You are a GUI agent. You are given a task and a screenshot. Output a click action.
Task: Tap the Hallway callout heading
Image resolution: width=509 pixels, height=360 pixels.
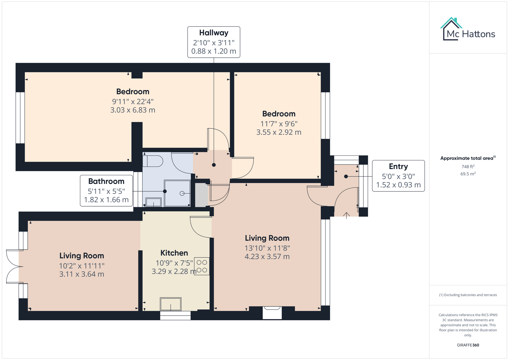214,33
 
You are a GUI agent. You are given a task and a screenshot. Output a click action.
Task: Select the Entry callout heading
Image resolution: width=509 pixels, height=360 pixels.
398,166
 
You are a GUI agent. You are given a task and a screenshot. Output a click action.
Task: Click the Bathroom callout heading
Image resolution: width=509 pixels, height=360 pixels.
106,181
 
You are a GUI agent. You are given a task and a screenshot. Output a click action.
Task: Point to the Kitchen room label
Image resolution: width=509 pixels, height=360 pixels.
174,253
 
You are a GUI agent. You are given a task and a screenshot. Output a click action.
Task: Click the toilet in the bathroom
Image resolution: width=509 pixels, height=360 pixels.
153,161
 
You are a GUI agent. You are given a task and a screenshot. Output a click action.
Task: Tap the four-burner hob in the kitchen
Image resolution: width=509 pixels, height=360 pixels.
202,266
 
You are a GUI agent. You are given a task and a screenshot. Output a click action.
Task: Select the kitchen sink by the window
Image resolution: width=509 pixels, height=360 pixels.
171,304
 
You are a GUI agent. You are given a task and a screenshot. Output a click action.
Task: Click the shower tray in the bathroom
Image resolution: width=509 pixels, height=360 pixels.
177,193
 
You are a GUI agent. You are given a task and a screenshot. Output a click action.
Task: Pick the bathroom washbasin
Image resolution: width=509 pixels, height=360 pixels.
153,202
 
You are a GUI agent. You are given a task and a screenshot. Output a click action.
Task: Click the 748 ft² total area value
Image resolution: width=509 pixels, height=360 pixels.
468,167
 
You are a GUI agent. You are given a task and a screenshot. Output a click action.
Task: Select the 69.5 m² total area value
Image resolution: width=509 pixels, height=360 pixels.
468,174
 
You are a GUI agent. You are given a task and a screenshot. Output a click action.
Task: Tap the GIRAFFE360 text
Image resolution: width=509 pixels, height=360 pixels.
468,345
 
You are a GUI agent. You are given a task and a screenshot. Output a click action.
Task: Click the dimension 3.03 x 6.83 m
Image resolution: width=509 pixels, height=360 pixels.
133,110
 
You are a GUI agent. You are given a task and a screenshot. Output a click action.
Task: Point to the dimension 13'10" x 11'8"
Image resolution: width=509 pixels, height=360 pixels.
267,248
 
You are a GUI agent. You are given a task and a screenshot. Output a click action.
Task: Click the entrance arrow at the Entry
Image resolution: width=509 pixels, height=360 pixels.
346,215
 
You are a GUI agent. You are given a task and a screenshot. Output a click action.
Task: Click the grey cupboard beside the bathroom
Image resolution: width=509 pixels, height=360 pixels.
201,195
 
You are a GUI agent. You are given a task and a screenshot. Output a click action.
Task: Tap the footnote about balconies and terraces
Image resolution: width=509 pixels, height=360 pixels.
468,295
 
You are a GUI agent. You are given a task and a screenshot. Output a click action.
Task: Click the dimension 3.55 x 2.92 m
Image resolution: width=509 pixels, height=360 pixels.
279,132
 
